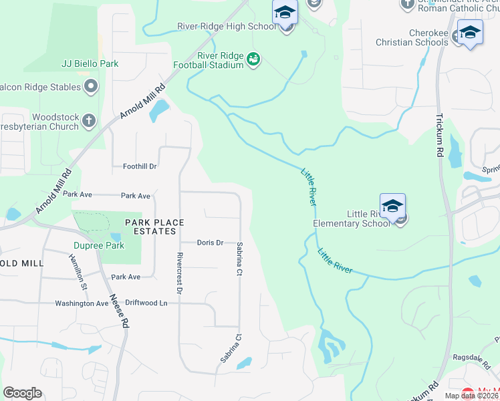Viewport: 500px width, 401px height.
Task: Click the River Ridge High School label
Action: click(227, 27)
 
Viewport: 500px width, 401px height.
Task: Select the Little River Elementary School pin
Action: click(392, 205)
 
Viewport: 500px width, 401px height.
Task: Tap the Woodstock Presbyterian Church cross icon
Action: click(90, 122)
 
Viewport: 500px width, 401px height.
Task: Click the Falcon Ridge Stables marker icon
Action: click(91, 86)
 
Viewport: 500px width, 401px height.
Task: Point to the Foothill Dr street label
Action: click(140, 166)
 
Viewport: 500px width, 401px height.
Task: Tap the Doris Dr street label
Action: click(211, 243)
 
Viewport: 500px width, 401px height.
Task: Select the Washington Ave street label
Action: click(82, 303)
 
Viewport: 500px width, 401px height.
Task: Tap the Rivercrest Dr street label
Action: click(179, 273)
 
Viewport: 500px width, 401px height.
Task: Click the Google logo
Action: click(23, 393)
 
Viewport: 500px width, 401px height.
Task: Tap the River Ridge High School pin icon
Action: click(285, 13)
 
